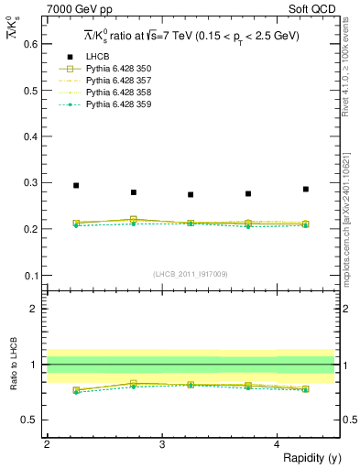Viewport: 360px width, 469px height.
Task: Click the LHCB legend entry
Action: pyautogui.click(x=98, y=57)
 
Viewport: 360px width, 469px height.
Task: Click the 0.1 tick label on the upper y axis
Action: pyautogui.click(x=29, y=276)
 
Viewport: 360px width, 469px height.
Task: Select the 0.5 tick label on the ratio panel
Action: pyautogui.click(x=29, y=420)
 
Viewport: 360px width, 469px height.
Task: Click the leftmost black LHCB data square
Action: pyautogui.click(x=76, y=186)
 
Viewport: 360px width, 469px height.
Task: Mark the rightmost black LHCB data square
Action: pyautogui.click(x=306, y=190)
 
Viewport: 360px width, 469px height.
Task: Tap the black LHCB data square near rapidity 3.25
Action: pyautogui.click(x=191, y=194)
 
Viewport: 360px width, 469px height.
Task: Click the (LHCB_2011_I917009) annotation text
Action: pyautogui.click(x=191, y=274)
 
